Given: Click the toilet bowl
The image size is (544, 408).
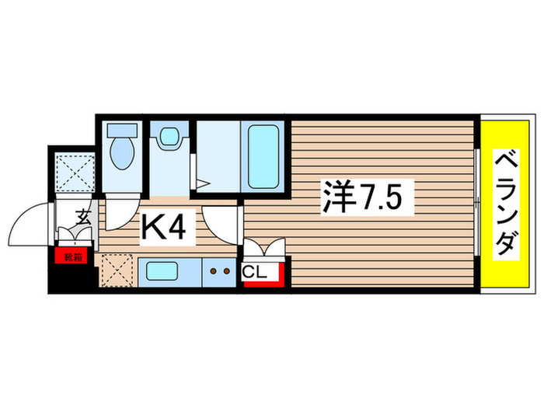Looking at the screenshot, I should (x=122, y=154).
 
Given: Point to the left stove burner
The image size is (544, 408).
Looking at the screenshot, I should (x=214, y=273).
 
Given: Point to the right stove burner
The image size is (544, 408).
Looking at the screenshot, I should (x=228, y=273).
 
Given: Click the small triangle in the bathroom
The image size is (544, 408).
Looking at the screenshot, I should (x=202, y=184).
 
